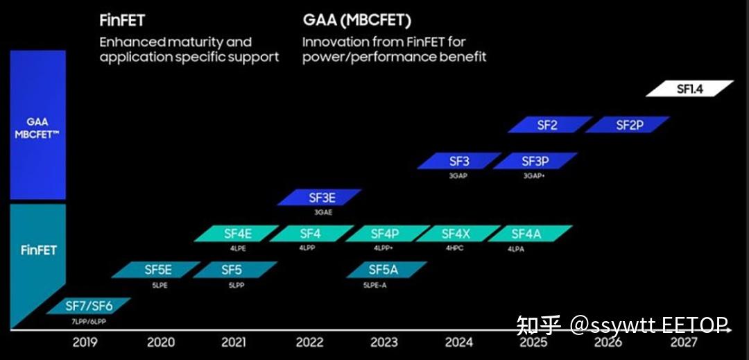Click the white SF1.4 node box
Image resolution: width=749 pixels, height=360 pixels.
689,89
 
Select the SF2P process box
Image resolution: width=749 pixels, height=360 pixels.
628,125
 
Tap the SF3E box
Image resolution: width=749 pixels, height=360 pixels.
320,198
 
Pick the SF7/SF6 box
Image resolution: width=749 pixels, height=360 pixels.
89,305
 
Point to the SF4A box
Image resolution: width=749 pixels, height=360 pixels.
531,234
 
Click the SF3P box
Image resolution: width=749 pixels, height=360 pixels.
535,161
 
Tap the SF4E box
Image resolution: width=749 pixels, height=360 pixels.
237,234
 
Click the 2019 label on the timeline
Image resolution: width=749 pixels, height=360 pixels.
85,342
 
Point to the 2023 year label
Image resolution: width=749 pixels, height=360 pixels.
384,342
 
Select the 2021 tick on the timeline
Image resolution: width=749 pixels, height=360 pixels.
234,342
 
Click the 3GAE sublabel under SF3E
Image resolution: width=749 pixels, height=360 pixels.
323,212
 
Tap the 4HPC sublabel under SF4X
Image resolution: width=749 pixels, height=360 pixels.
455,248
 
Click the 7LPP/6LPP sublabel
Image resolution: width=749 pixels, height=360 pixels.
88,321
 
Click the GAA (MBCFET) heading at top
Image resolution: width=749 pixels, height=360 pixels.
356,20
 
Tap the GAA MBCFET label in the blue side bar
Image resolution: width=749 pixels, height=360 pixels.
37,128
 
